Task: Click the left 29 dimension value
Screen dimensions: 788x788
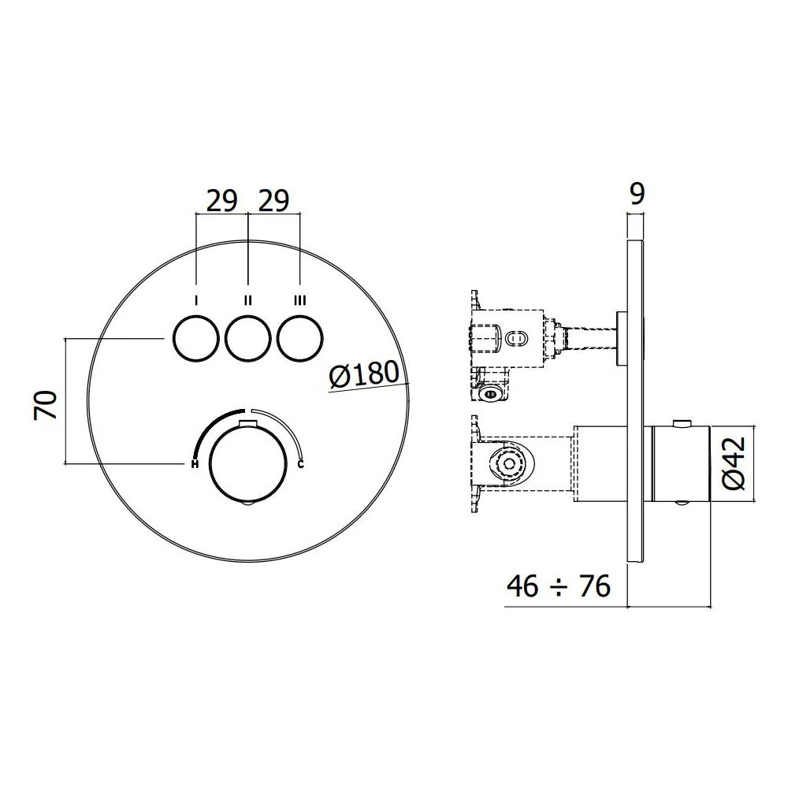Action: click(221, 201)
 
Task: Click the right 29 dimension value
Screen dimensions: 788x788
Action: click(274, 201)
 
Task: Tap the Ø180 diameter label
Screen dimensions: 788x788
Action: click(365, 374)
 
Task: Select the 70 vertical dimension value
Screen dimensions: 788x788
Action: click(46, 405)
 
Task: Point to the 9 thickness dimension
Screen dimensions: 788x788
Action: click(637, 194)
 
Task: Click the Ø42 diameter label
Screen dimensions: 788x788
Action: click(733, 463)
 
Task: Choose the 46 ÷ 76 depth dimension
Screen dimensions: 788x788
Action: click(559, 586)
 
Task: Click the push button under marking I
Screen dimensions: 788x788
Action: click(196, 338)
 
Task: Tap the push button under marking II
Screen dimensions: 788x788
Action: click(248, 338)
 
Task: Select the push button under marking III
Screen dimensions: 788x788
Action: click(300, 338)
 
